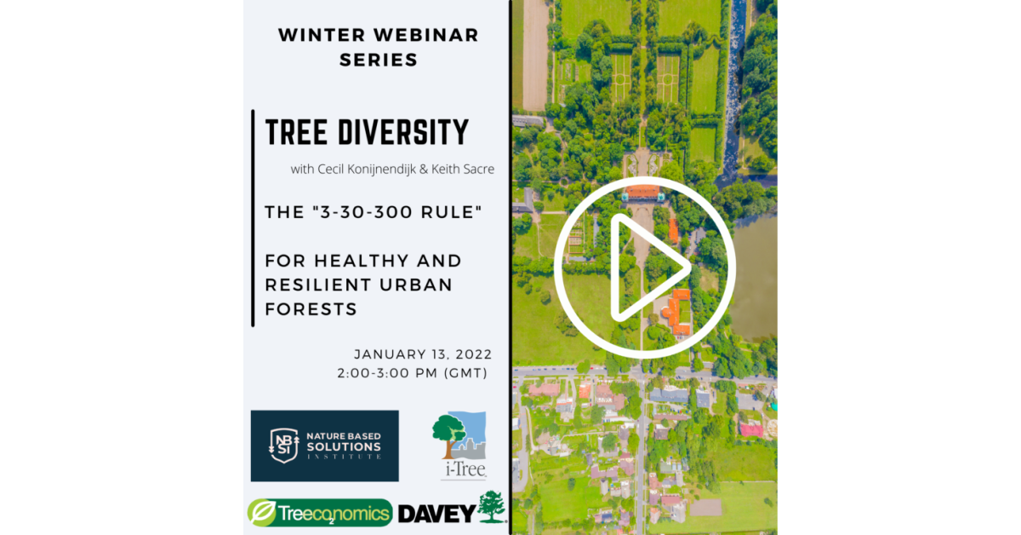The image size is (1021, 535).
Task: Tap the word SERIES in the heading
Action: [x=379, y=60]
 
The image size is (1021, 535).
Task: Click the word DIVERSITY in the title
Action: [x=403, y=132]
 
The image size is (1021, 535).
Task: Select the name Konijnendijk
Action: [x=381, y=170]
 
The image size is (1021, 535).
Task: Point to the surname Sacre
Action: [x=479, y=170]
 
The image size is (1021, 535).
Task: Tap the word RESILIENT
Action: [x=317, y=285]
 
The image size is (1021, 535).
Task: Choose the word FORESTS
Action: [x=311, y=309]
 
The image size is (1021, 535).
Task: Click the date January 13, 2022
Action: [x=423, y=354]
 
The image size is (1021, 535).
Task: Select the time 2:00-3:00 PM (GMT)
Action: [x=413, y=373]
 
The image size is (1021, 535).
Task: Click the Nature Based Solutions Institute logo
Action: [x=324, y=446]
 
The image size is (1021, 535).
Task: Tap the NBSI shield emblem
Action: [x=283, y=446]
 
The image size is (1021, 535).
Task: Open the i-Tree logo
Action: [x=460, y=445]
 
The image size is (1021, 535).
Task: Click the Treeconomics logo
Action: [x=320, y=513]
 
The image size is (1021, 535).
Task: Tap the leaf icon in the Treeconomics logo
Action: [x=262, y=512]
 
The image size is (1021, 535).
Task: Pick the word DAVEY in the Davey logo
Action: [x=436, y=514]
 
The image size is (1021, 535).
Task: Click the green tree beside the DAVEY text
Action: [x=492, y=506]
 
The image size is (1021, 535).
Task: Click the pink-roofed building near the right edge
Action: [x=751, y=429]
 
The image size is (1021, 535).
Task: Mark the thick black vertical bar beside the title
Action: [x=253, y=218]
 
